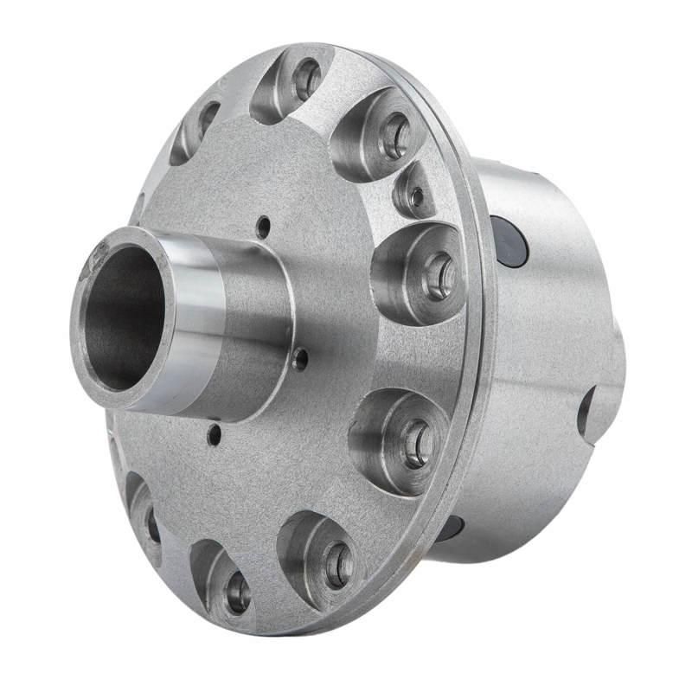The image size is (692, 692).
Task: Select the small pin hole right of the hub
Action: click(300, 359)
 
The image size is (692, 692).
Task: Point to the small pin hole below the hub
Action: click(214, 435)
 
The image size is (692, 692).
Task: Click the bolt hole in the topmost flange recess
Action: click(306, 80)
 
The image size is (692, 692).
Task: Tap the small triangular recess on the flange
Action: click(415, 195)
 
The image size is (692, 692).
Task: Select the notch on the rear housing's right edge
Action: click(588, 411)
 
